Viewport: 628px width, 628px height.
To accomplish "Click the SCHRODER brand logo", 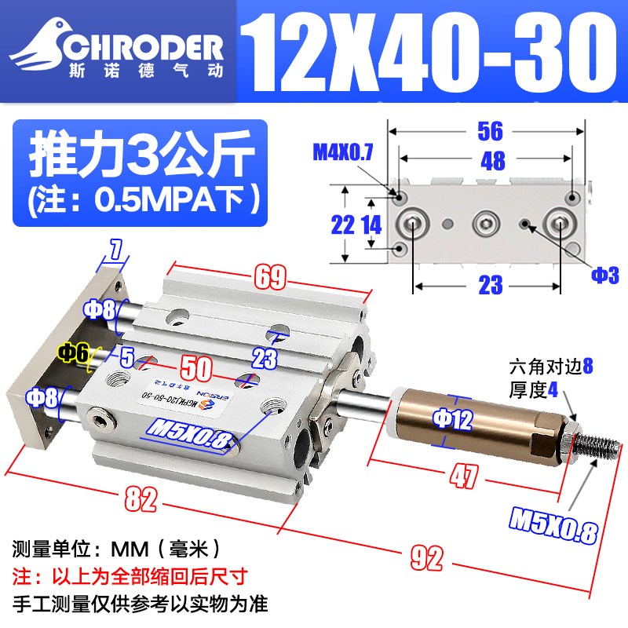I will tap(118, 49).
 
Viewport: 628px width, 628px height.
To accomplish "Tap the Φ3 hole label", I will tap(605, 275).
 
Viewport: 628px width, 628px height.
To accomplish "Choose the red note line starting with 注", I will tap(129, 575).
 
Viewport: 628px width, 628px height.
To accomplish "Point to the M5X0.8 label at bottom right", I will tap(553, 526).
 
